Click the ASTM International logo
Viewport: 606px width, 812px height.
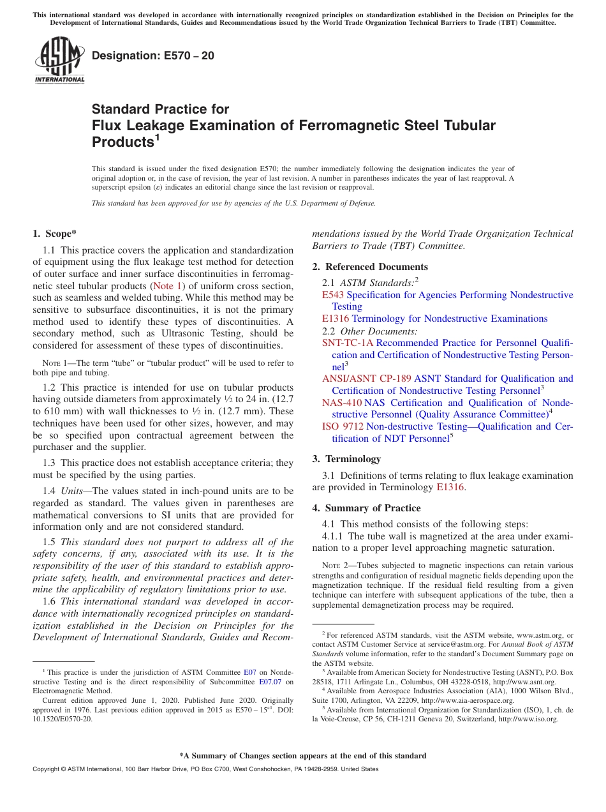point(59,60)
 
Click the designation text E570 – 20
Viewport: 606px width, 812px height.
point(153,56)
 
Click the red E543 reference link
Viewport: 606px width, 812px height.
point(332,295)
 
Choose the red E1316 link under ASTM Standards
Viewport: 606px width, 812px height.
point(336,319)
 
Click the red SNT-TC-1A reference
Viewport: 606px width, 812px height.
point(348,343)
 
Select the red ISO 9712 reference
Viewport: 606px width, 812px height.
point(343,426)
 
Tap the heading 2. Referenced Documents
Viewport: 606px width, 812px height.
point(370,267)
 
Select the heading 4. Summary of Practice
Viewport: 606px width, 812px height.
point(366,508)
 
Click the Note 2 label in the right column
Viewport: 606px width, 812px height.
point(333,566)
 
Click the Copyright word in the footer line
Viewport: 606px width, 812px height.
point(46,769)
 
